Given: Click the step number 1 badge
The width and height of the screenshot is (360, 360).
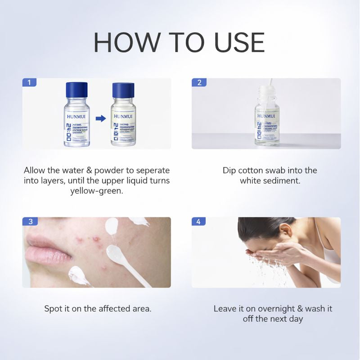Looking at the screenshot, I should (x=29, y=82).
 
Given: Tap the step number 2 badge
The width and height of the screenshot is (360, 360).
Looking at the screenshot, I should (x=199, y=82).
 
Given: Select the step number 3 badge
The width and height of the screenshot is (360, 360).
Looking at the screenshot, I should (x=29, y=221).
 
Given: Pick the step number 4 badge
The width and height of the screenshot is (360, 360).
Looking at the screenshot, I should (x=199, y=221).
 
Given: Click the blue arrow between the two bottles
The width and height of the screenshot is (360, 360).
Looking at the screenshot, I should (x=100, y=119).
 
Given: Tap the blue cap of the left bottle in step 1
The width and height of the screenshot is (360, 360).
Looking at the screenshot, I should (x=76, y=89).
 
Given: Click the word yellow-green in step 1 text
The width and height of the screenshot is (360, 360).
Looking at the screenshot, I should (x=96, y=191).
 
